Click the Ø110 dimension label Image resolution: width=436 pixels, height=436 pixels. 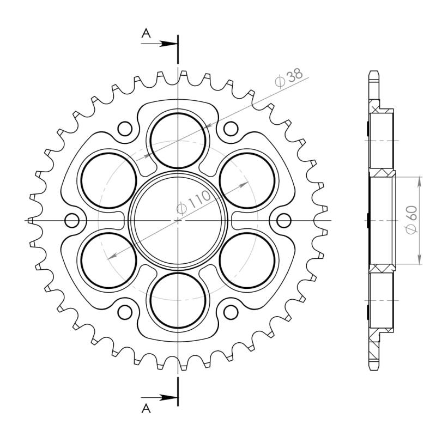coord(194,202)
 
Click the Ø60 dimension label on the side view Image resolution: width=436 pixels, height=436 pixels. coord(411,220)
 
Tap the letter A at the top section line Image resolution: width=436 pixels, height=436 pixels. coord(146,34)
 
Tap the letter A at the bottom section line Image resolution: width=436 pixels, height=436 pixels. coord(146,408)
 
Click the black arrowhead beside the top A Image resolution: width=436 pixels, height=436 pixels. coord(169,44)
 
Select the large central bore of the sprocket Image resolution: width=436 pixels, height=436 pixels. coord(178,220)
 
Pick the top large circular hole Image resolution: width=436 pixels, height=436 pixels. coord(178,141)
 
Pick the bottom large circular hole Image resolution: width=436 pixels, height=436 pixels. coord(178,300)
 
